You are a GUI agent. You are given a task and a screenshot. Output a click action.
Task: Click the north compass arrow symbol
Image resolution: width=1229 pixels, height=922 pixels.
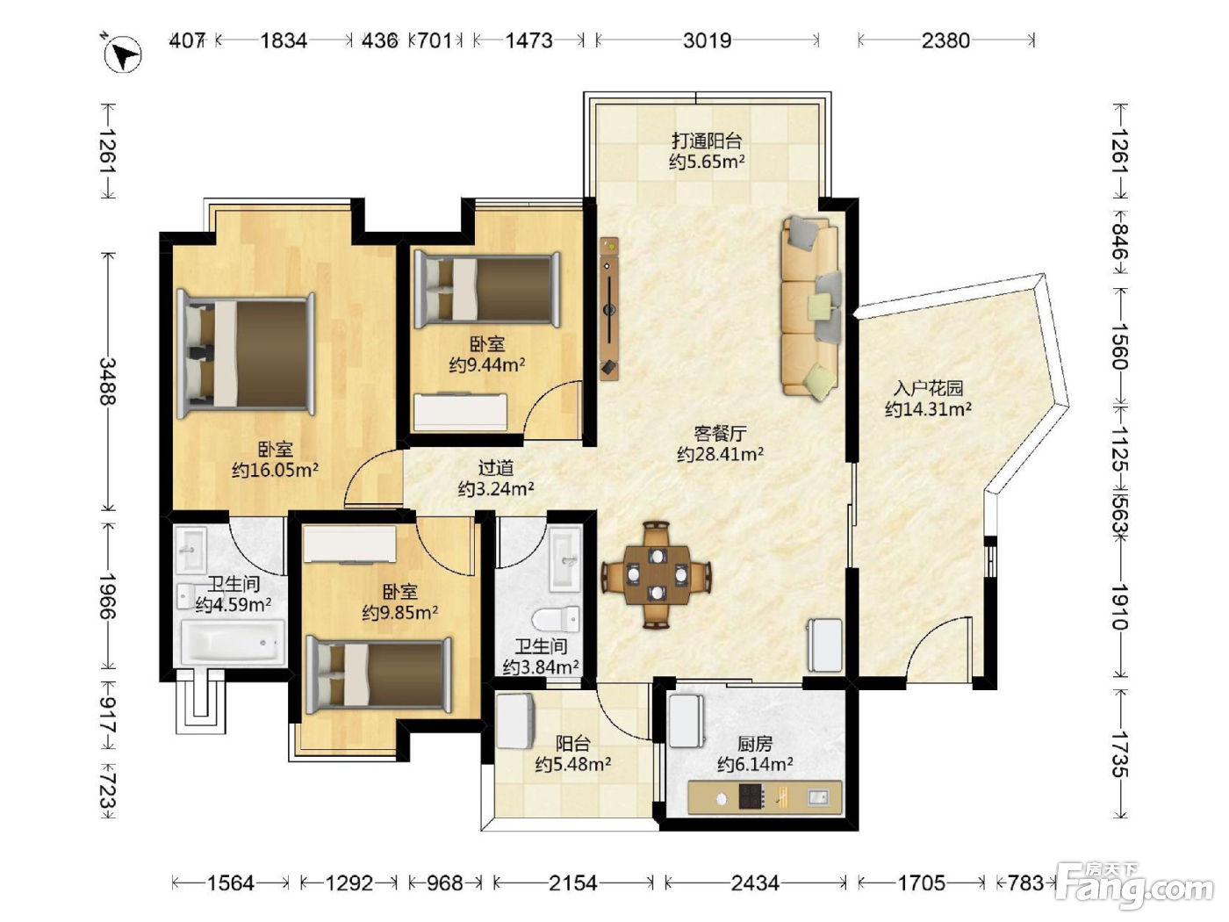(x=123, y=54)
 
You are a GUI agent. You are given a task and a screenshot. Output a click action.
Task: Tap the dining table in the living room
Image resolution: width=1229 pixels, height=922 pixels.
(x=657, y=574)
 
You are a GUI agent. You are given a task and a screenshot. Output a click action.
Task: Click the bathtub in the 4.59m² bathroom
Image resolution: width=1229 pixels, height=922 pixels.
(x=231, y=643)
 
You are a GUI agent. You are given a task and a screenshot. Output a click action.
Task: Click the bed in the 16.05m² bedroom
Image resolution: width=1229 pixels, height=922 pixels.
(x=245, y=356)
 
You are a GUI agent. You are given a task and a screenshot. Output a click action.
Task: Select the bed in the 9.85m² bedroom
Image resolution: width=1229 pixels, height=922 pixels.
(x=378, y=675)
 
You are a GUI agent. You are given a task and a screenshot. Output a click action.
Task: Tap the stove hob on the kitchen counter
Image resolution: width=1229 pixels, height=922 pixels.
(x=751, y=796)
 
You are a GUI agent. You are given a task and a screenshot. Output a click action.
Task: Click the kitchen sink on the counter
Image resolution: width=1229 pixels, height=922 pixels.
(x=818, y=796)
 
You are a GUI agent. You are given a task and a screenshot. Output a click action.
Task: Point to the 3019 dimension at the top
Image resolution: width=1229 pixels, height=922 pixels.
(x=708, y=40)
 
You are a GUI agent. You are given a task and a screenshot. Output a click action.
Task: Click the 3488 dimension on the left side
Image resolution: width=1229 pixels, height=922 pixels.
(x=107, y=381)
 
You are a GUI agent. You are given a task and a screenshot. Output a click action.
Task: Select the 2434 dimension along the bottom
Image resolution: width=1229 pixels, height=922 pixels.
(x=755, y=883)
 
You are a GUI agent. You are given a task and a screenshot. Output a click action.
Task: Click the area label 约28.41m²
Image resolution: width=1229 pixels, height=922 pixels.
(x=720, y=454)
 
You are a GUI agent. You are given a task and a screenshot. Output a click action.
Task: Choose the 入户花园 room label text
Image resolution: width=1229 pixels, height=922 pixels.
(x=928, y=387)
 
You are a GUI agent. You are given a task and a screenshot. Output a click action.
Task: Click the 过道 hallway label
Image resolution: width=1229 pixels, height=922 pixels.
(x=496, y=467)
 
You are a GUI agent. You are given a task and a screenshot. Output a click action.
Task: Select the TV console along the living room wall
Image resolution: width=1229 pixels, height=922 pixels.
(x=609, y=309)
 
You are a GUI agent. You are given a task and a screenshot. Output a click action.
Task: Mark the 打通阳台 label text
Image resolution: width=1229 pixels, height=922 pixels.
(x=707, y=140)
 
